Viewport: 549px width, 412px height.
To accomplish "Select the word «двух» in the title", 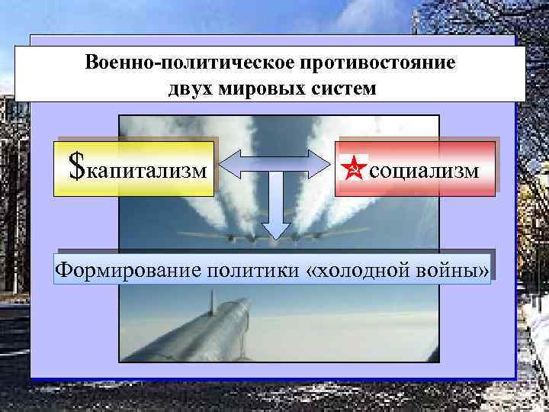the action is [x=189, y=87].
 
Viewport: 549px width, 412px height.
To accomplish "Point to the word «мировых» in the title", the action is [x=256, y=87].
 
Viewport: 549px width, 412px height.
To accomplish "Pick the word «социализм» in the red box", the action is [x=424, y=169].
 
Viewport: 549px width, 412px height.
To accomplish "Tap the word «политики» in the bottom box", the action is [x=239, y=269].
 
